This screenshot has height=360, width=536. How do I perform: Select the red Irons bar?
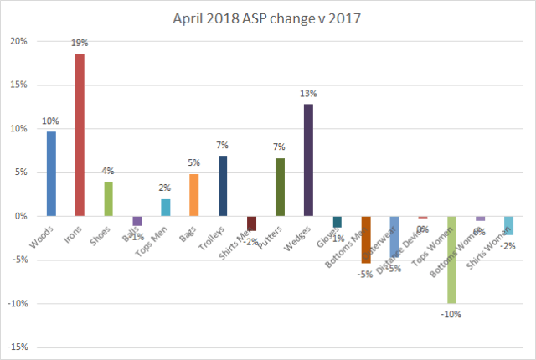(80, 135)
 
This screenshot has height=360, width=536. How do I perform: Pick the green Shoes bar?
(108, 198)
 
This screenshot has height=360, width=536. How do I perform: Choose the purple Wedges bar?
(308, 160)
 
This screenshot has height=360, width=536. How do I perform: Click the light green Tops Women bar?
(451, 260)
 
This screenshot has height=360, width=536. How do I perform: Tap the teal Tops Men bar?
(166, 208)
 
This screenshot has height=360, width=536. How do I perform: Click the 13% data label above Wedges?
(308, 94)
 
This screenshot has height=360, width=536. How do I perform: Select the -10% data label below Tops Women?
(452, 314)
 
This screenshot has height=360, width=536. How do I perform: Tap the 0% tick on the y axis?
(22, 216)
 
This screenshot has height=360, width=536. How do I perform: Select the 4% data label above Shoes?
(108, 172)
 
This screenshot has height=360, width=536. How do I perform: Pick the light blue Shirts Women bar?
(508, 225)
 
